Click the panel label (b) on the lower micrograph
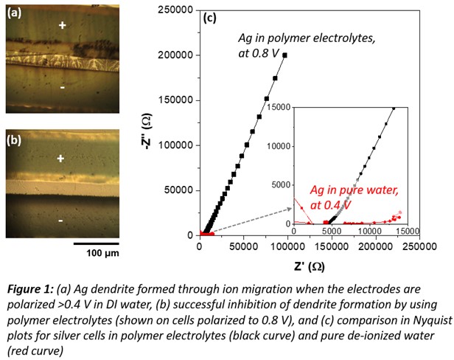pyautogui.click(x=15, y=139)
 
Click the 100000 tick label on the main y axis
pyautogui.click(x=175, y=145)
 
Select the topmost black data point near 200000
pyautogui.click(x=285, y=55)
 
